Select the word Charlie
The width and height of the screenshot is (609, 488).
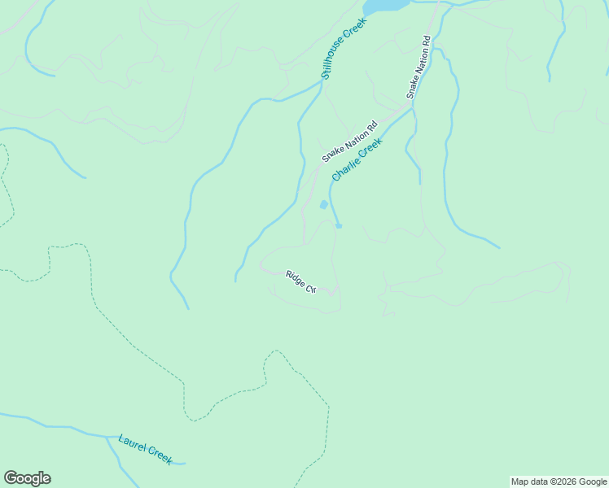tap(344, 168)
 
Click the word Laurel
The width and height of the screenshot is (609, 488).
tap(132, 444)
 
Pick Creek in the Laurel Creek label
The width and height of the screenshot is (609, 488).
tap(160, 456)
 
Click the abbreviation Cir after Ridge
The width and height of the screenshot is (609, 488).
tap(310, 287)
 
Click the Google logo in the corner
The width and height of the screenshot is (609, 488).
tap(27, 478)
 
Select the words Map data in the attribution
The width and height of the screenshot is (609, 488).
tap(528, 481)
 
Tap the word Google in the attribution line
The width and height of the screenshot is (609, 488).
tap(593, 481)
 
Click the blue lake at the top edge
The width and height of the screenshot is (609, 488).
tap(385, 5)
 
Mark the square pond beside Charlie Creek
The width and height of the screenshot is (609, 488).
tap(324, 204)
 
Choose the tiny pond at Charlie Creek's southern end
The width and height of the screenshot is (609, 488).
tap(339, 225)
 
